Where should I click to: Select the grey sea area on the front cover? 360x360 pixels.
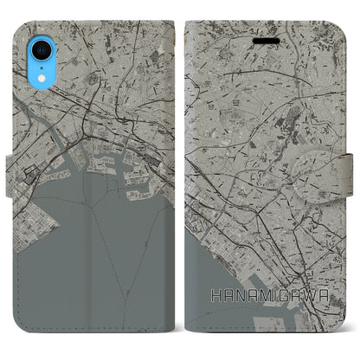coord(216,286)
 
